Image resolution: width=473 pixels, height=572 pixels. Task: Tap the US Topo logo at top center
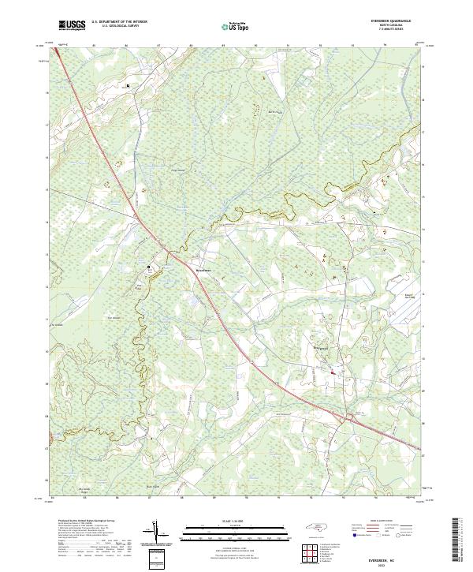(237, 26)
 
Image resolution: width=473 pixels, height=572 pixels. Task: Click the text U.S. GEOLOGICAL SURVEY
(114, 27)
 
